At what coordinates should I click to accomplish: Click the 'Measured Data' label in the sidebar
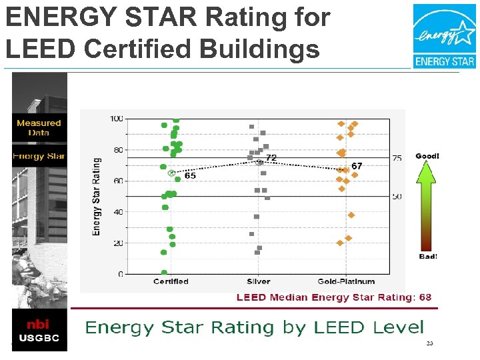39,127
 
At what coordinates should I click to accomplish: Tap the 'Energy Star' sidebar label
39,156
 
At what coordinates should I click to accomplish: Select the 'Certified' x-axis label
171,282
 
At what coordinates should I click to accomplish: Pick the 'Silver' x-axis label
258,282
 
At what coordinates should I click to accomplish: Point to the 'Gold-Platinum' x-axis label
346,282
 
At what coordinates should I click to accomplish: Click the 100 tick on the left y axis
115,119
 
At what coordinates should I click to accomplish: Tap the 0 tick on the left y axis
120,274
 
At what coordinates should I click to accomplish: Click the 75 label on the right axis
397,158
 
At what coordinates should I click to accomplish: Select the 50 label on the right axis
397,197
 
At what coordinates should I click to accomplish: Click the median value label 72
271,157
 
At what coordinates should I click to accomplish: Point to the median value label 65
190,176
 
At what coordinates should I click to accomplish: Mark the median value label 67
357,166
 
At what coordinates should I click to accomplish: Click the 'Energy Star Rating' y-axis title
97,197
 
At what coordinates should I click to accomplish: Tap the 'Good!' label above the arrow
427,156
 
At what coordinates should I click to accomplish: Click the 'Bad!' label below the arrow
427,257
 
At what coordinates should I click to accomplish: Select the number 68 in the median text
425,297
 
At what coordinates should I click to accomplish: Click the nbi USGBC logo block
39,331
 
